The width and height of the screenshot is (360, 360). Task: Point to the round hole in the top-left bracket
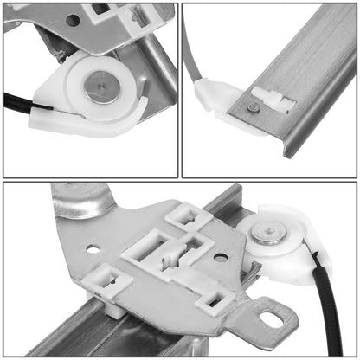74,19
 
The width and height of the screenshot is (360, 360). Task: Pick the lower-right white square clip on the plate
215,301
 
